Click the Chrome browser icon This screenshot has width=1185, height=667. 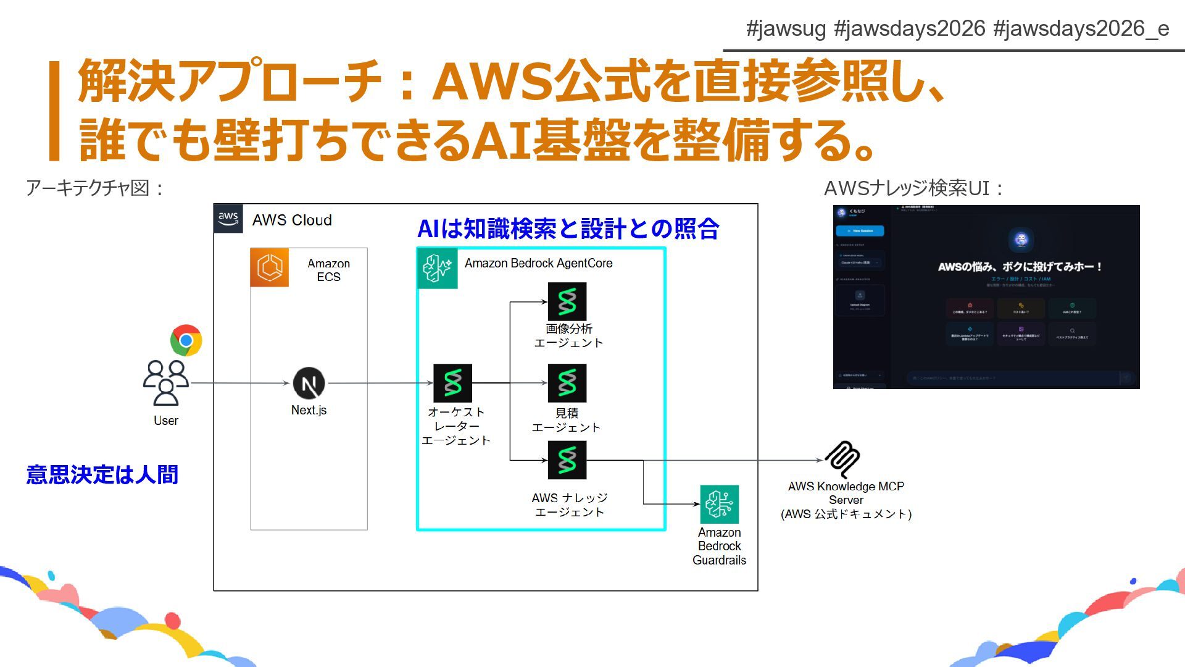tap(186, 340)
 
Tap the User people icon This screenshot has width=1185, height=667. tap(165, 383)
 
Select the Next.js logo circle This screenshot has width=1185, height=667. tap(309, 384)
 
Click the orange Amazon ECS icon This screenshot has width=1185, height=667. tap(270, 268)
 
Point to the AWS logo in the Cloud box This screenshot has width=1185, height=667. tap(228, 219)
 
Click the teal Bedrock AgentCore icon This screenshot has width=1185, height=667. tap(438, 268)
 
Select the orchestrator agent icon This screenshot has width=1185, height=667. tap(452, 383)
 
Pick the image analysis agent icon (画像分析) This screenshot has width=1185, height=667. tap(567, 301)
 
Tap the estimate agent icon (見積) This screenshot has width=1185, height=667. tap(567, 383)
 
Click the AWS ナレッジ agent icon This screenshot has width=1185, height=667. tap(567, 460)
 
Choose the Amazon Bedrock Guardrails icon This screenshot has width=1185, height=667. tap(719, 504)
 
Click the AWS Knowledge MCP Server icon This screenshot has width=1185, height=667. tap(843, 459)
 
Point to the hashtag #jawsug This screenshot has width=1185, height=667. tap(786, 28)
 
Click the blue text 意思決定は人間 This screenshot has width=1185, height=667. tap(102, 475)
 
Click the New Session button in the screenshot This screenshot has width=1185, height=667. tap(860, 231)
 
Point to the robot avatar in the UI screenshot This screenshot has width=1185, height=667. tap(1021, 240)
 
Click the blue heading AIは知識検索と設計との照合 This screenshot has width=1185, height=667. tap(568, 229)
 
